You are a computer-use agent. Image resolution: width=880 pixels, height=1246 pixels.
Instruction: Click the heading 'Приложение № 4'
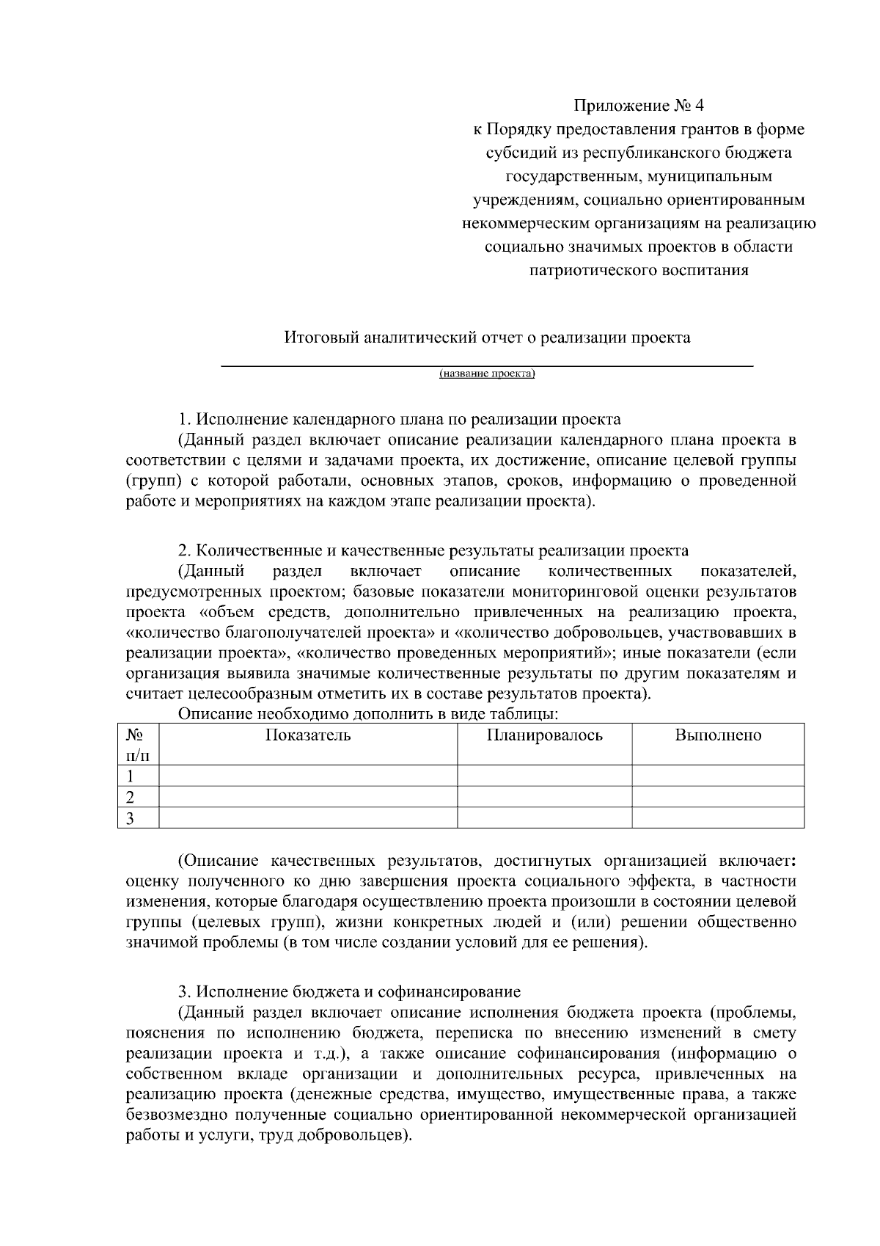(638, 106)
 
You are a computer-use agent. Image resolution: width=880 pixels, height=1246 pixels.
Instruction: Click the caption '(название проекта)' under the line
(487, 374)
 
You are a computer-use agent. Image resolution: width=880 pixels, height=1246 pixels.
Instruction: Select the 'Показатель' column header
(308, 735)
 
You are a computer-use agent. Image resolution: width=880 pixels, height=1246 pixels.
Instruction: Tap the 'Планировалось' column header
(544, 735)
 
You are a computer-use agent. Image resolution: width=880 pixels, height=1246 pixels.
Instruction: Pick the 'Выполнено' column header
(718, 735)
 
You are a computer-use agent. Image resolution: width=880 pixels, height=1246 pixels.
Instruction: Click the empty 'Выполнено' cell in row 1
(718, 776)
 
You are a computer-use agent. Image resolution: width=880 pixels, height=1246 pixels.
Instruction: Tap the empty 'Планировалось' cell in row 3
(544, 818)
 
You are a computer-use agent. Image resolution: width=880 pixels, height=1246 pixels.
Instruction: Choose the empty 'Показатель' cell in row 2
(308, 797)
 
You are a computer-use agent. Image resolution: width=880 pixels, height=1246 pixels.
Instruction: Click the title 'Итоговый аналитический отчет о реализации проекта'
(487, 338)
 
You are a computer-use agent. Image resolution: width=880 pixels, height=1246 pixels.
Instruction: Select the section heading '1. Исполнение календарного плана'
(400, 420)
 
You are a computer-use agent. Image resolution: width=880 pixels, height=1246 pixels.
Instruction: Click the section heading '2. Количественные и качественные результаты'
(433, 551)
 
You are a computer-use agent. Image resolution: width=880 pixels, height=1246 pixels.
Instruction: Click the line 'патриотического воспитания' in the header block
(638, 270)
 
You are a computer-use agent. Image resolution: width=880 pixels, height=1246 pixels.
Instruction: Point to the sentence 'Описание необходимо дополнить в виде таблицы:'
(369, 714)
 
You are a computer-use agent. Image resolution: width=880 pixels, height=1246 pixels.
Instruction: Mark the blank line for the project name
(487, 364)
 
